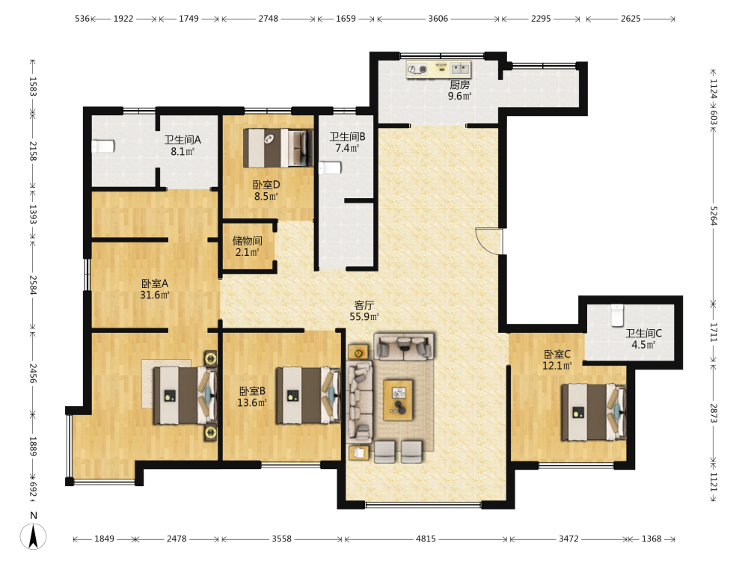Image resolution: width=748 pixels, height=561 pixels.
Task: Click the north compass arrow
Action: point(33,536)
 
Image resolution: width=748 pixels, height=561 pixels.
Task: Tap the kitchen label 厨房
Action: point(459,85)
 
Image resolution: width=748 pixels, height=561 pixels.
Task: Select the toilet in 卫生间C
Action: point(617,315)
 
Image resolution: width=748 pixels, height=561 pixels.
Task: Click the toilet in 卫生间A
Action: point(103,146)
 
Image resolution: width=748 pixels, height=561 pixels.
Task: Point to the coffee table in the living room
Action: point(399,399)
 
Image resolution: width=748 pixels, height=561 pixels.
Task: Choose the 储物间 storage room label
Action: point(247,240)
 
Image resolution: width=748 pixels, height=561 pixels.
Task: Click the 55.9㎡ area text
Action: point(364,316)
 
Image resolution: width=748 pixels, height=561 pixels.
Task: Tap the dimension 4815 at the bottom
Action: point(426,539)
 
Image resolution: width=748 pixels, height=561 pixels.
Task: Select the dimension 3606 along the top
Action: point(438,19)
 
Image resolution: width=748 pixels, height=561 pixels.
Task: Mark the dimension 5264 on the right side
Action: point(714,215)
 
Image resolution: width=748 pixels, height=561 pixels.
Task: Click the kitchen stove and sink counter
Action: point(438,69)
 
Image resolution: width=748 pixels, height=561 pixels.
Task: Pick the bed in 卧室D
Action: point(278,148)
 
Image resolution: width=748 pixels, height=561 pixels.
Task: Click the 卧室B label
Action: point(252,391)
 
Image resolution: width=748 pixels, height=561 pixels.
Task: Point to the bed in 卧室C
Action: point(593,412)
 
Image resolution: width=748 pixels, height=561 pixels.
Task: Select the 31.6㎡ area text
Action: point(155,295)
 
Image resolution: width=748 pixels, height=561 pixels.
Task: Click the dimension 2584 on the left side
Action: point(33,285)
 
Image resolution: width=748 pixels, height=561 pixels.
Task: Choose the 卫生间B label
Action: point(347,137)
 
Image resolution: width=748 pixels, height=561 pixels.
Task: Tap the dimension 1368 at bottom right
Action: point(652,539)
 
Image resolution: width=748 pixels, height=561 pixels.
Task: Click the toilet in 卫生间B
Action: point(330,168)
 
